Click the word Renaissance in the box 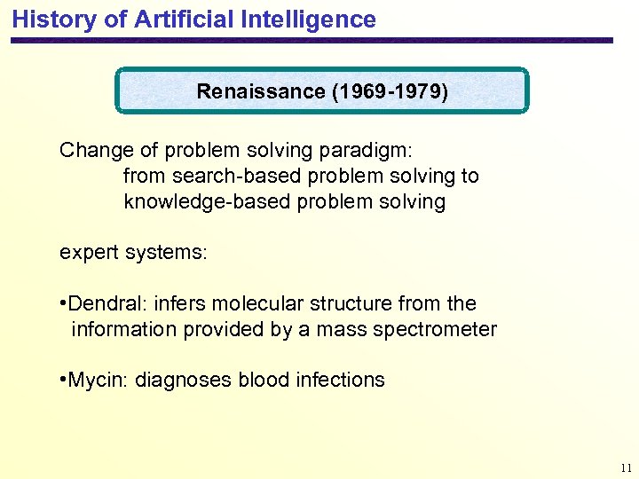[x=260, y=91]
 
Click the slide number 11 [x=626, y=467]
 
